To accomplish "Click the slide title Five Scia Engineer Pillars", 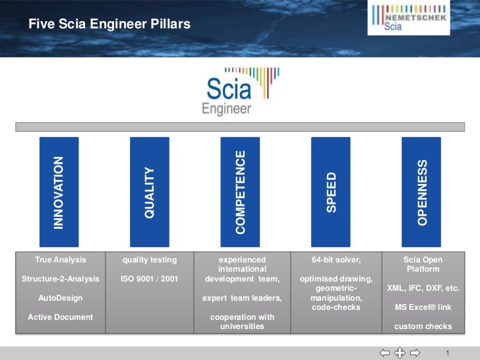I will tap(109, 25).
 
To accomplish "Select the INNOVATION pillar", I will tap(59, 191).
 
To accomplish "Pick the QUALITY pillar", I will tap(150, 191).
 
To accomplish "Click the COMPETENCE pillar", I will tap(240, 191).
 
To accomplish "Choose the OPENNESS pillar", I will tap(422, 191).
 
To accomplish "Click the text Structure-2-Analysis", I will tap(61, 279).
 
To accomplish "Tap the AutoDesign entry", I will tap(61, 298).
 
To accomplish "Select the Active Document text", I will tap(61, 317).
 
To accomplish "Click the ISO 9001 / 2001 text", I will tap(150, 279).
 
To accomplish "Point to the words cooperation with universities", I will tap(242, 322).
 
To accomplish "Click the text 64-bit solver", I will tap(336, 260).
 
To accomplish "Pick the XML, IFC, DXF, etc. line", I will tap(423, 289).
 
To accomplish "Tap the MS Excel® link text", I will tap(423, 307).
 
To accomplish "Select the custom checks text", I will tap(423, 326).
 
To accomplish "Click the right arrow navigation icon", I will tap(415, 353).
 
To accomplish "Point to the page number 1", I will tap(448, 353).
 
